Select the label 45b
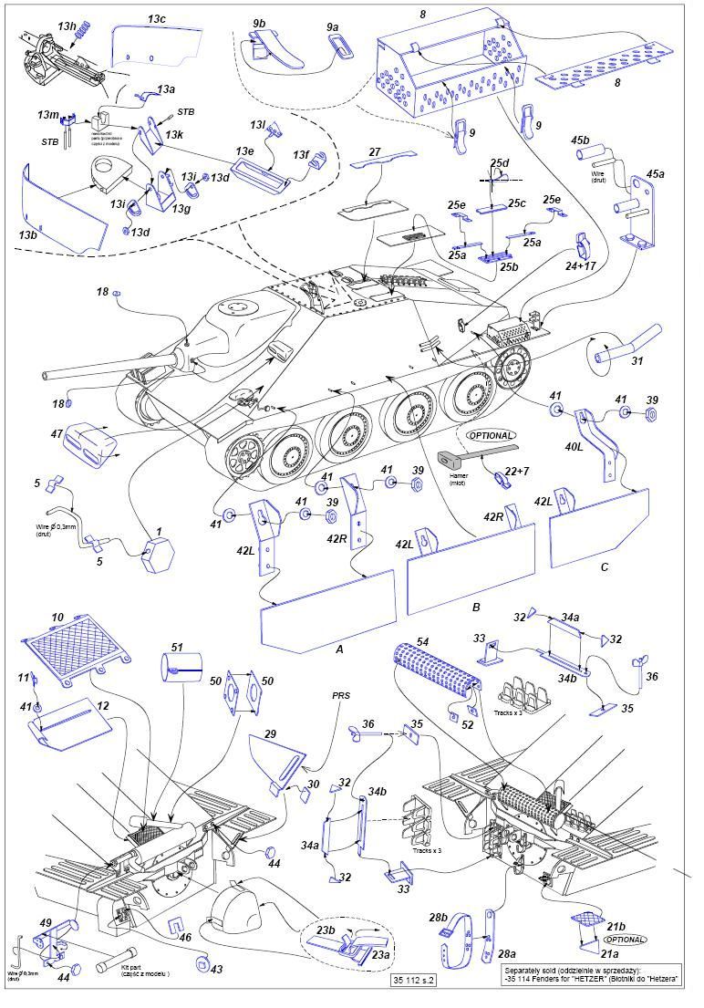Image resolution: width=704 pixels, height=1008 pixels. coord(580,140)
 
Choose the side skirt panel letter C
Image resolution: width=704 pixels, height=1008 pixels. coord(604,566)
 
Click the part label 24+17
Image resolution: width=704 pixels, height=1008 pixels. coord(581,266)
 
